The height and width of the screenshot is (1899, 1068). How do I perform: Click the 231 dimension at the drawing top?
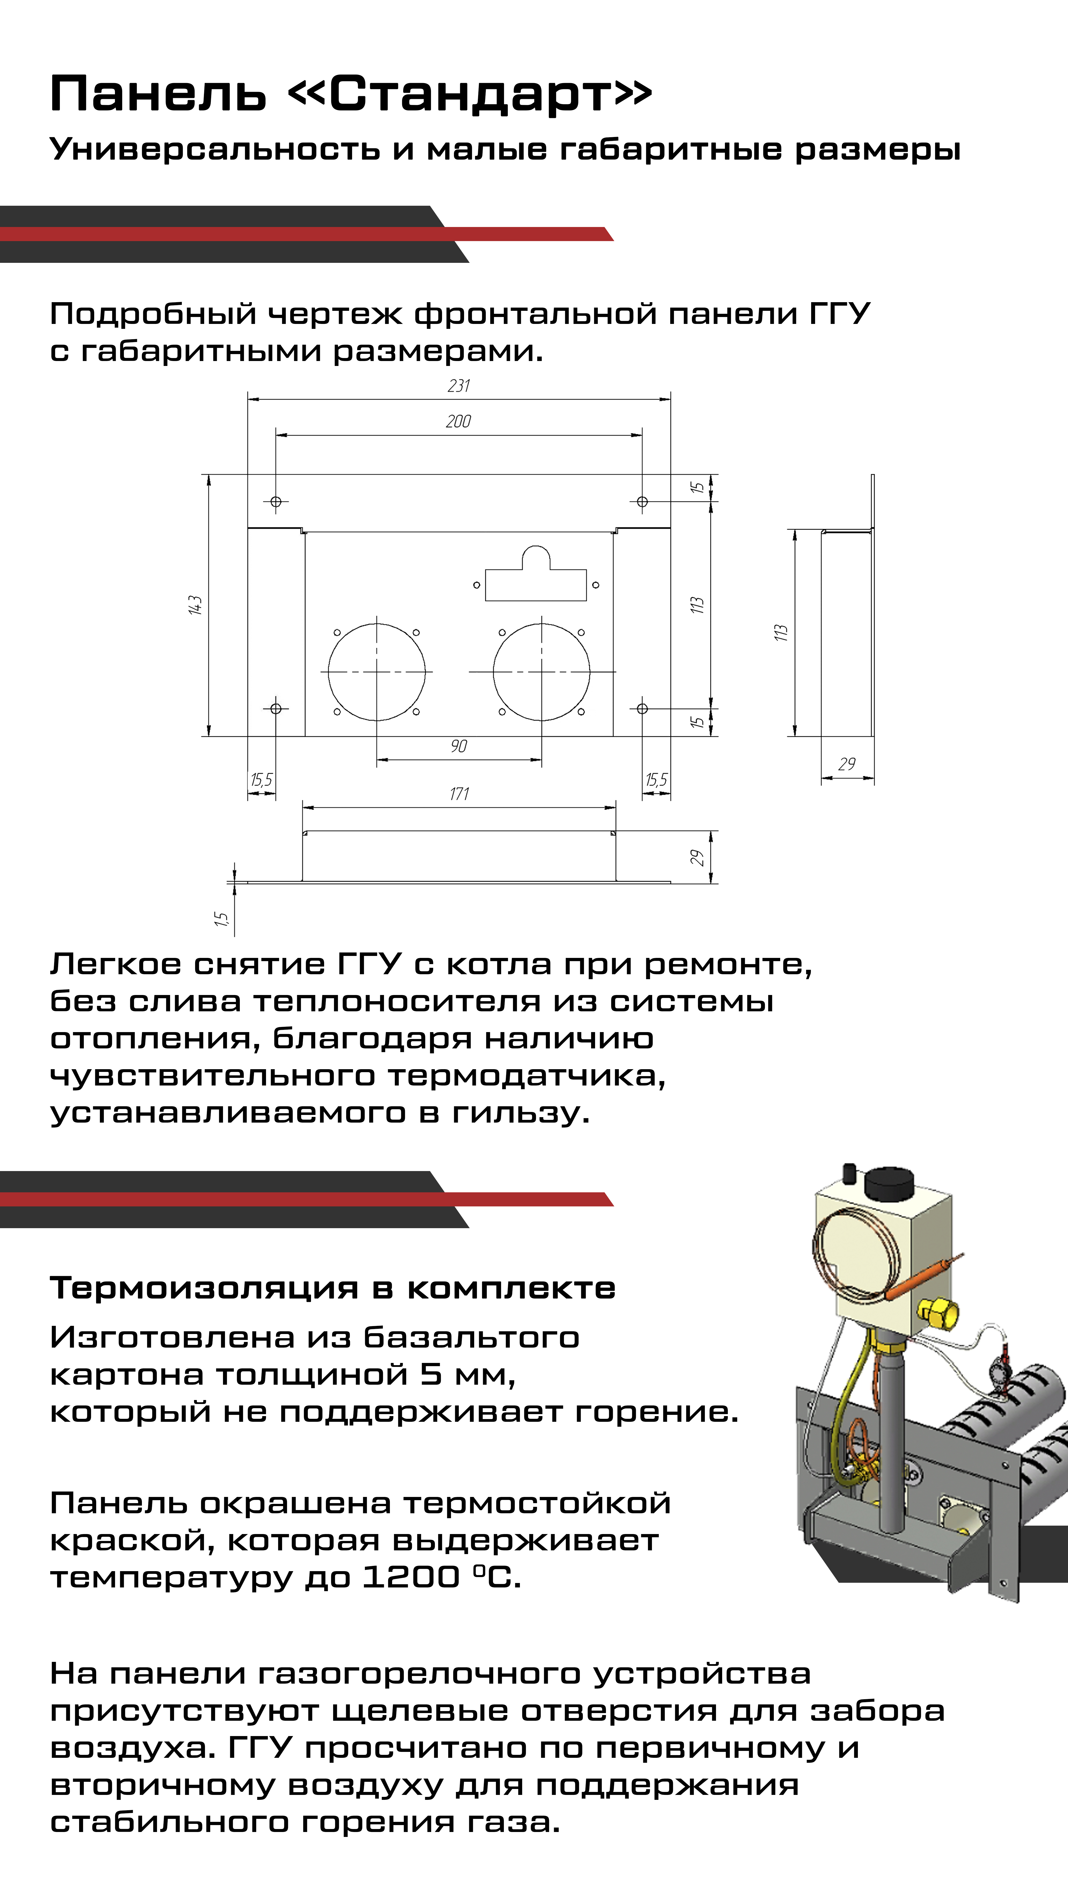(x=458, y=385)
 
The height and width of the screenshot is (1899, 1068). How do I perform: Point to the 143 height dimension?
(x=195, y=605)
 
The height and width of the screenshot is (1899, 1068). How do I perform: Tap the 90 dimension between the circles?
(x=458, y=746)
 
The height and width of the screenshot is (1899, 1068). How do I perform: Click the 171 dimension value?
(x=458, y=794)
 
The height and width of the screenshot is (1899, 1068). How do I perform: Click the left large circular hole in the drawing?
(x=377, y=672)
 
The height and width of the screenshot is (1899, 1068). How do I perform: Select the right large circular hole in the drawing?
(x=542, y=672)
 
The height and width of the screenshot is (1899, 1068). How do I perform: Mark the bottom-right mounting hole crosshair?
(x=642, y=708)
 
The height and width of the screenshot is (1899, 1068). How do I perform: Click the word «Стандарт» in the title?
(x=469, y=94)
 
